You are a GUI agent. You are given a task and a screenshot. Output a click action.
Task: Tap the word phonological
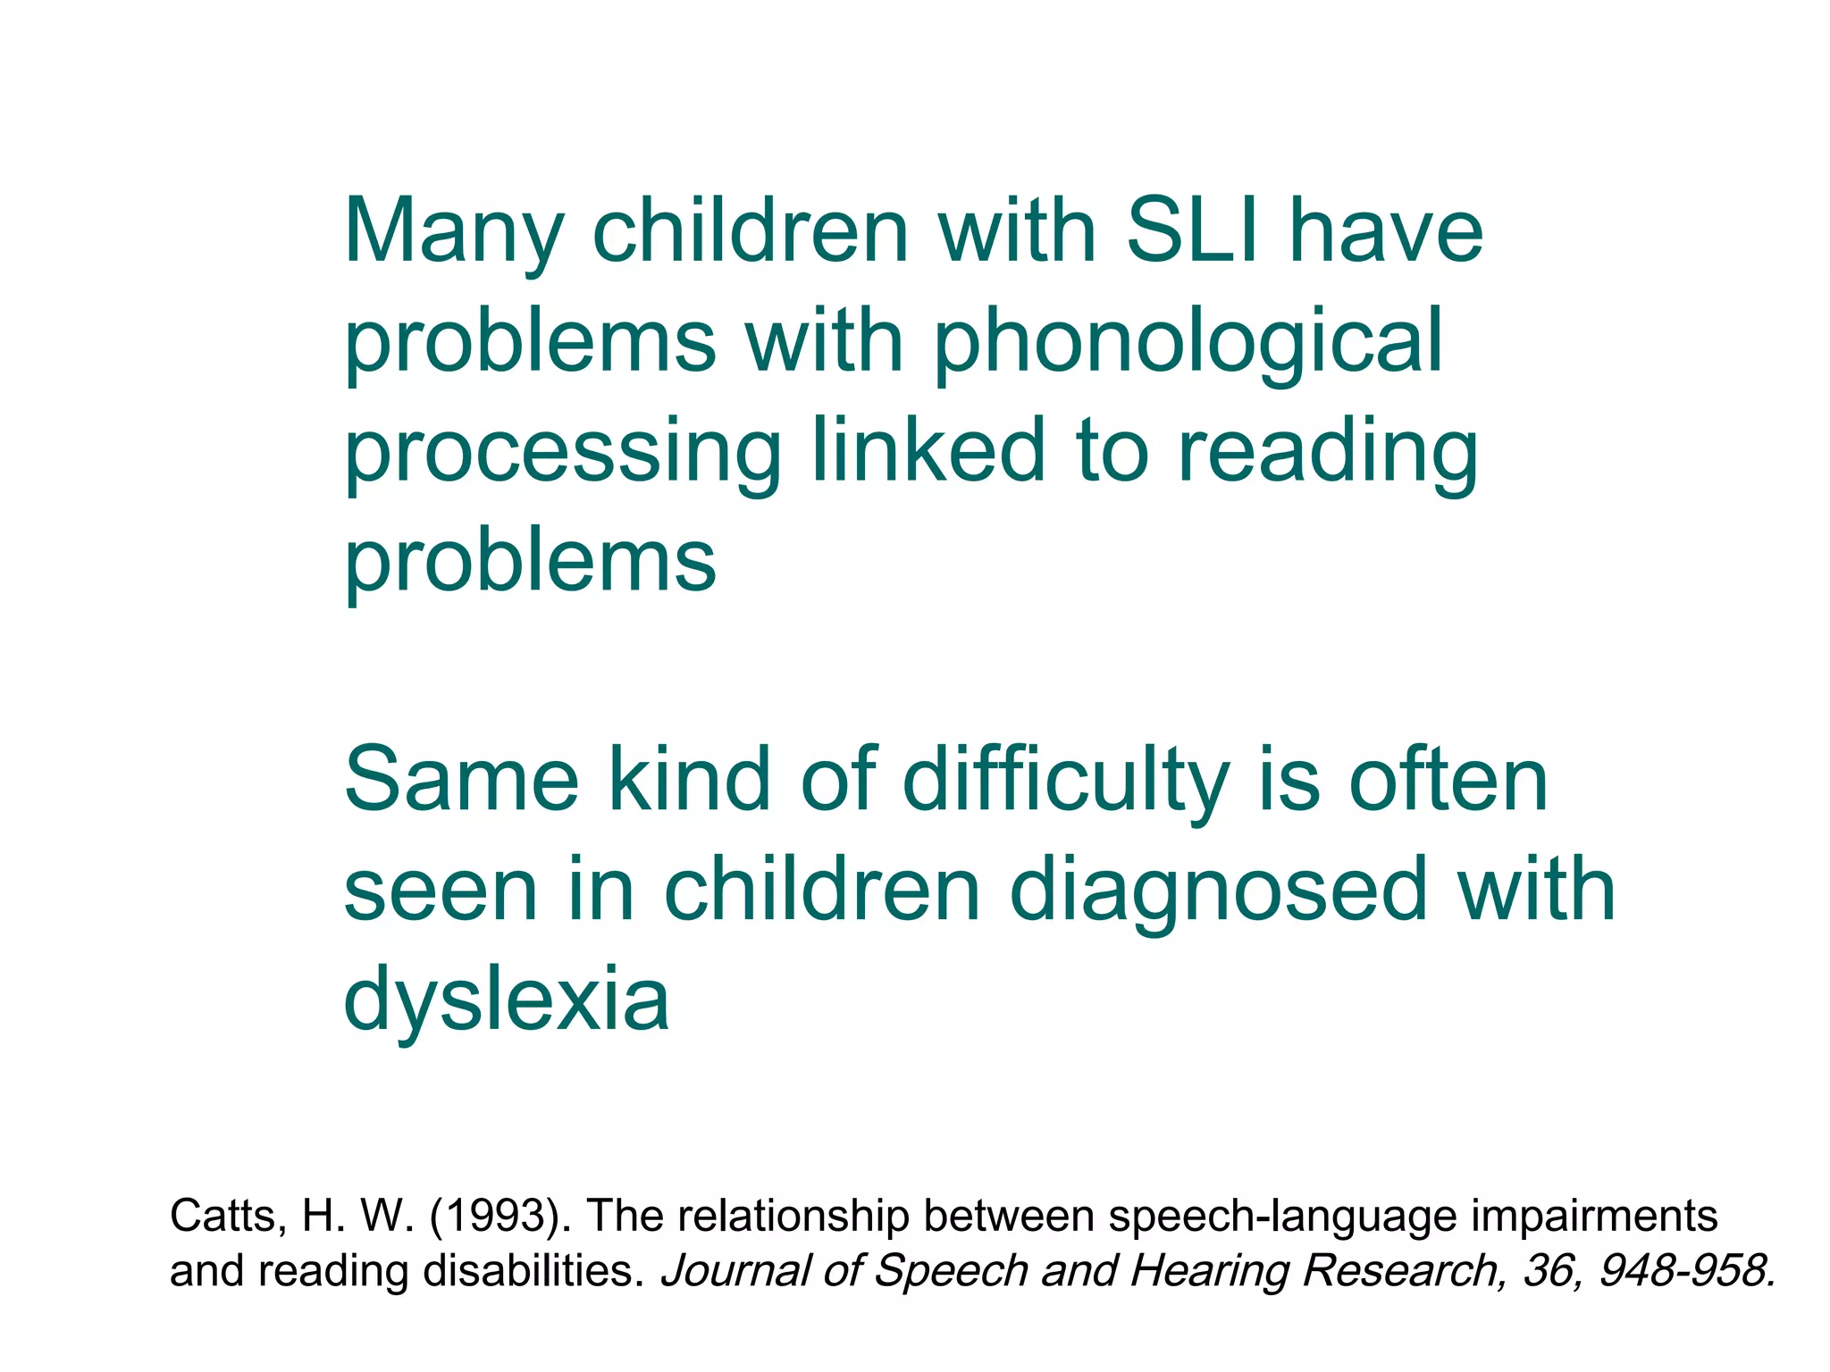point(1188,343)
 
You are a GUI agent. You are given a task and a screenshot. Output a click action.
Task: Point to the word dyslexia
point(506,1000)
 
